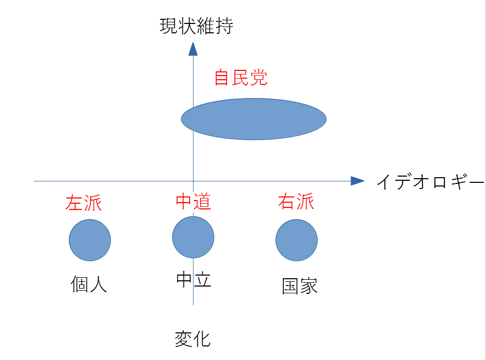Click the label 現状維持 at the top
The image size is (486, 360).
[x=196, y=26]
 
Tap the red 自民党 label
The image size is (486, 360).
[x=241, y=78]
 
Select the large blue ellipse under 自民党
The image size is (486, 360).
[x=254, y=119]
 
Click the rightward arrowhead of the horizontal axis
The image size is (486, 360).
[x=357, y=181]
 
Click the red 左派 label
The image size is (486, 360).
[x=83, y=203]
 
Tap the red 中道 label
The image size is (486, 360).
[x=193, y=202]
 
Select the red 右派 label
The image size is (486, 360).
[x=296, y=202]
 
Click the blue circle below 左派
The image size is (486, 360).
[x=90, y=240]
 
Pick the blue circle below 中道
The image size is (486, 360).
[x=193, y=237]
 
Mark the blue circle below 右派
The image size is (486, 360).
[x=296, y=240]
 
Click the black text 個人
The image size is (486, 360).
[x=89, y=284]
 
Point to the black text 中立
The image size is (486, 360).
[x=193, y=280]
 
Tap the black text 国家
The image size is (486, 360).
[x=300, y=286]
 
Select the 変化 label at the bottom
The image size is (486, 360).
[x=193, y=339]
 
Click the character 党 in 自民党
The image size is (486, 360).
[x=258, y=78]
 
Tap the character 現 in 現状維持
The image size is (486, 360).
[x=169, y=26]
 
